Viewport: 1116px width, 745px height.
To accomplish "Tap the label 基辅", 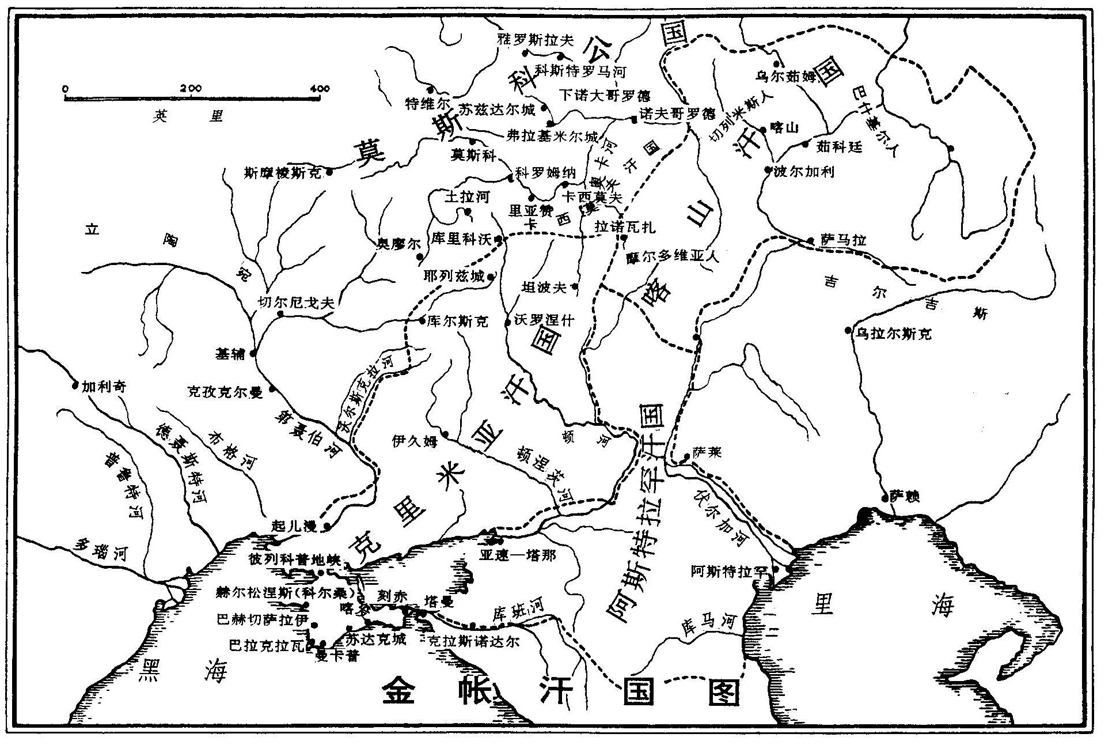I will coord(230,353).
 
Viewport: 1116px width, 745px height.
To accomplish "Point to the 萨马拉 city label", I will coord(843,241).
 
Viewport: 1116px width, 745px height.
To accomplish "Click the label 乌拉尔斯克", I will coord(894,334).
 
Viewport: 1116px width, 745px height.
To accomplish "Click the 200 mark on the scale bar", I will coord(191,88).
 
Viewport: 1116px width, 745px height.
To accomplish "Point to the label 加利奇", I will coord(104,386).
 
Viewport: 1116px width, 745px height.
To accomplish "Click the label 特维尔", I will coord(427,104).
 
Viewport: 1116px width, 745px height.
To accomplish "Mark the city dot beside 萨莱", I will coord(686,457).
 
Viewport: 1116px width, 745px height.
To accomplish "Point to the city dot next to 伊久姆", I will coord(445,433).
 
